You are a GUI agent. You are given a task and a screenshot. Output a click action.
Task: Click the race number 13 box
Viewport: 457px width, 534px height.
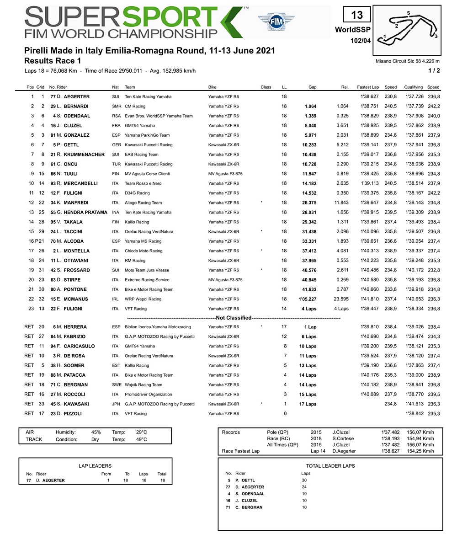coord(357,15)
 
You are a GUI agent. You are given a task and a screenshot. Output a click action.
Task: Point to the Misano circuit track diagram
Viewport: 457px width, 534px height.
coord(410,27)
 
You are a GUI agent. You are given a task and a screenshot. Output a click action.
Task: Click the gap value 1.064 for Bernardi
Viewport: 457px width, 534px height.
coord(310,106)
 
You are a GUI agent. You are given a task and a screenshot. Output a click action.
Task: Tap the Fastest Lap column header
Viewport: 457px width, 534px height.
coord(368,87)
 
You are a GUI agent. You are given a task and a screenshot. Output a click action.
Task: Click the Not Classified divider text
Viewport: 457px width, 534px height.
coord(234,317)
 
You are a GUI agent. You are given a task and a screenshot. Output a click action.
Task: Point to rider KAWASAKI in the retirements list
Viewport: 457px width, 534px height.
coord(76,404)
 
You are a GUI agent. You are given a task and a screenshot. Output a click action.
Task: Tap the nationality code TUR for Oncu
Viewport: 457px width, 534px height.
coord(117,164)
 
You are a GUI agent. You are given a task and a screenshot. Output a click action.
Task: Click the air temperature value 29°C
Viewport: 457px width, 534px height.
coord(141,432)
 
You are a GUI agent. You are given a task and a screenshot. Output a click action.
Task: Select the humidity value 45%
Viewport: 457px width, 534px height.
coord(96,432)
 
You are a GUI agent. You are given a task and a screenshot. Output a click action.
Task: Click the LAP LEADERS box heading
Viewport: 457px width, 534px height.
coord(95,466)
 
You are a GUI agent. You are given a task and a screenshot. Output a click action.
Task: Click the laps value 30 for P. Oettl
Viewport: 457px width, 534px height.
coord(304,481)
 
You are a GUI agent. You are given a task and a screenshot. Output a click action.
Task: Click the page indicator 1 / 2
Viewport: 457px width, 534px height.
coord(434,70)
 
